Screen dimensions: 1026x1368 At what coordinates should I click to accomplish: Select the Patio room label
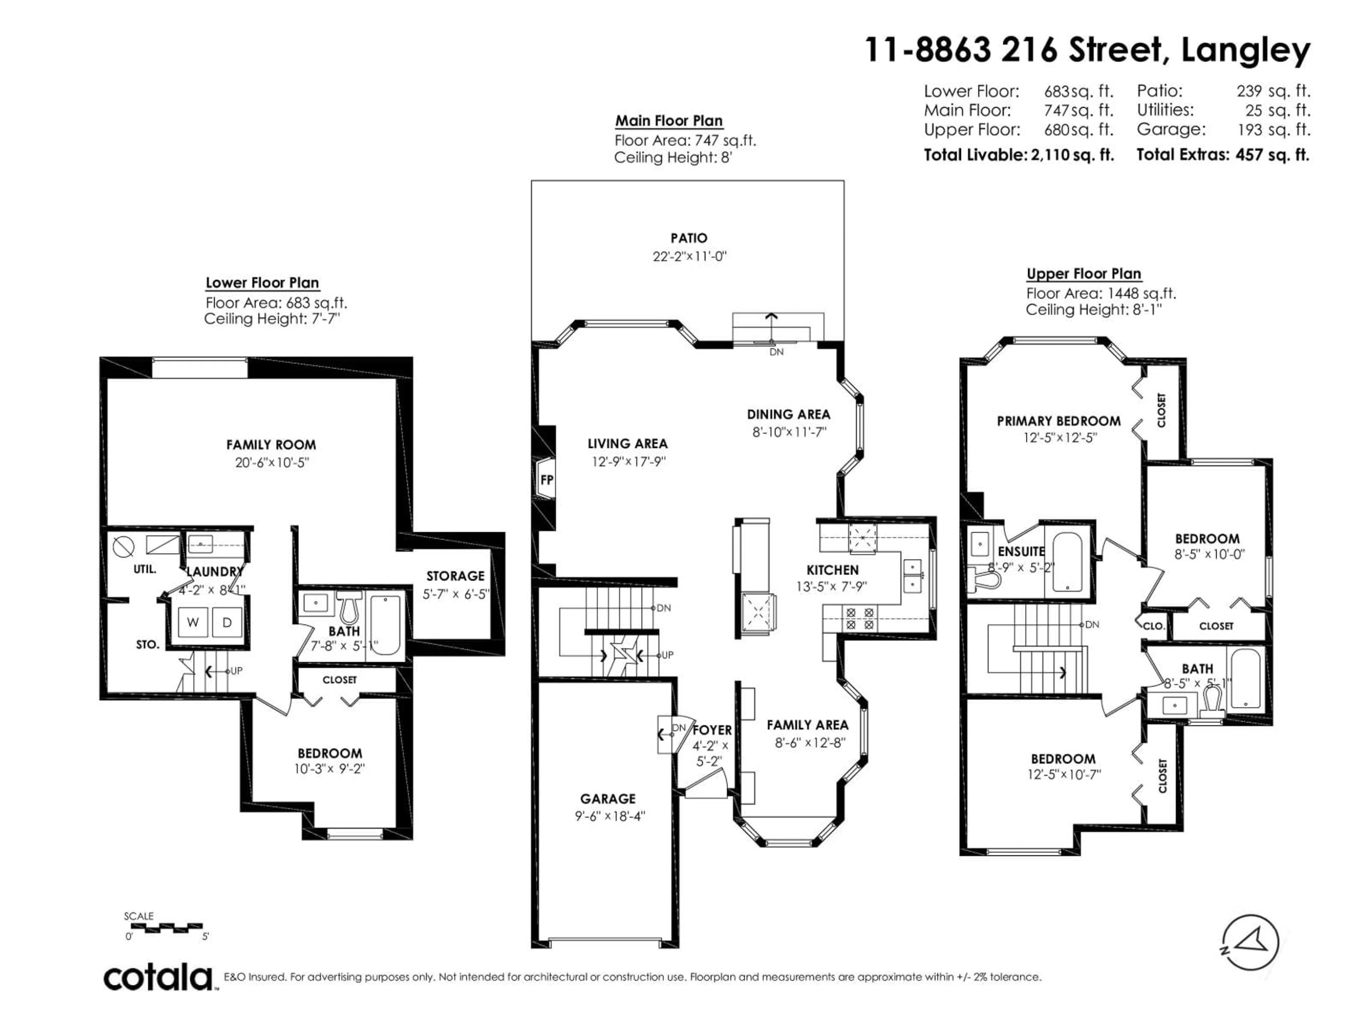[x=688, y=238]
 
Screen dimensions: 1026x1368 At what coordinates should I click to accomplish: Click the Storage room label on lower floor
[x=455, y=576]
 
